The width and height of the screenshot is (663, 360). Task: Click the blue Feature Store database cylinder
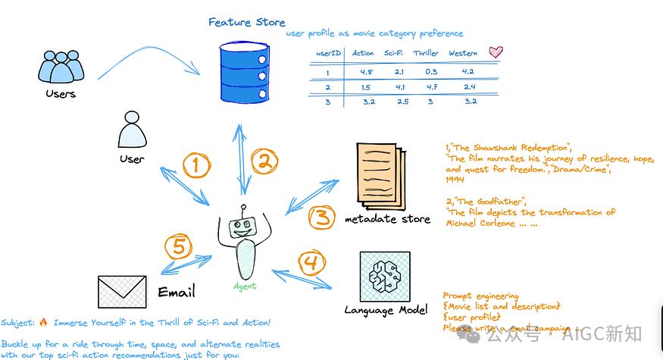(x=244, y=73)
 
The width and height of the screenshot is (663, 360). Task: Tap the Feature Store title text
(x=246, y=22)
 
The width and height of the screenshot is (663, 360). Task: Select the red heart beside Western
(x=496, y=52)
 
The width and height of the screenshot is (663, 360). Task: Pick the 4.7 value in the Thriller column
(x=433, y=87)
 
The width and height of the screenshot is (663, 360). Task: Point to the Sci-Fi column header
(x=393, y=53)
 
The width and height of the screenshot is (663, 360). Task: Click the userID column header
(x=327, y=54)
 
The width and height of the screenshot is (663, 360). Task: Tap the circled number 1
(x=196, y=165)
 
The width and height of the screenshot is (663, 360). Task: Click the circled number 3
(x=322, y=218)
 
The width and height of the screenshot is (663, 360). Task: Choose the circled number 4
(x=310, y=265)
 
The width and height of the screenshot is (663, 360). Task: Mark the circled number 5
(x=179, y=247)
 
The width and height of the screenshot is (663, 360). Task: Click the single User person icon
(x=130, y=133)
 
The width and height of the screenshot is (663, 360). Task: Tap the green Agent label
(x=244, y=286)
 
